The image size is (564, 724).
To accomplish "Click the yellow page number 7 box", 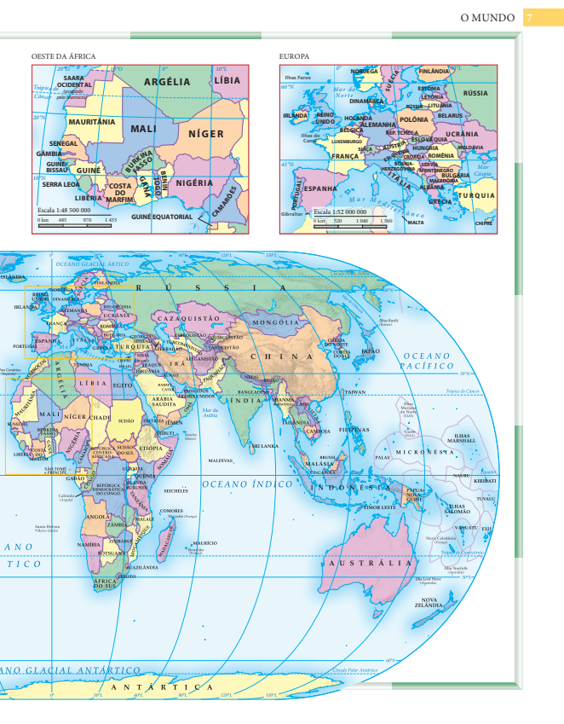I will click(x=529, y=17).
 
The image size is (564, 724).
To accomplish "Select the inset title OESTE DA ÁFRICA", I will click(x=63, y=56).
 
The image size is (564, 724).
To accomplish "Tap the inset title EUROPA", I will click(x=294, y=56).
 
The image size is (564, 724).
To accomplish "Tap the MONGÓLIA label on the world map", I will click(x=273, y=323).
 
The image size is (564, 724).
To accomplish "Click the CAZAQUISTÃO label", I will click(x=195, y=317).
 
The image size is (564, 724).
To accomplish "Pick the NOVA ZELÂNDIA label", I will click(x=429, y=603).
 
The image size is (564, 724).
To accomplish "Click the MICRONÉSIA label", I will click(x=425, y=451).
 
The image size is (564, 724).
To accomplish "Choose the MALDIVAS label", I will click(x=220, y=460).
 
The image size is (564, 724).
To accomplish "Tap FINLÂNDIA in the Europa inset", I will click(x=433, y=71).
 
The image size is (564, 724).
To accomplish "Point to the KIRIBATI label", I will click(x=485, y=482).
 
